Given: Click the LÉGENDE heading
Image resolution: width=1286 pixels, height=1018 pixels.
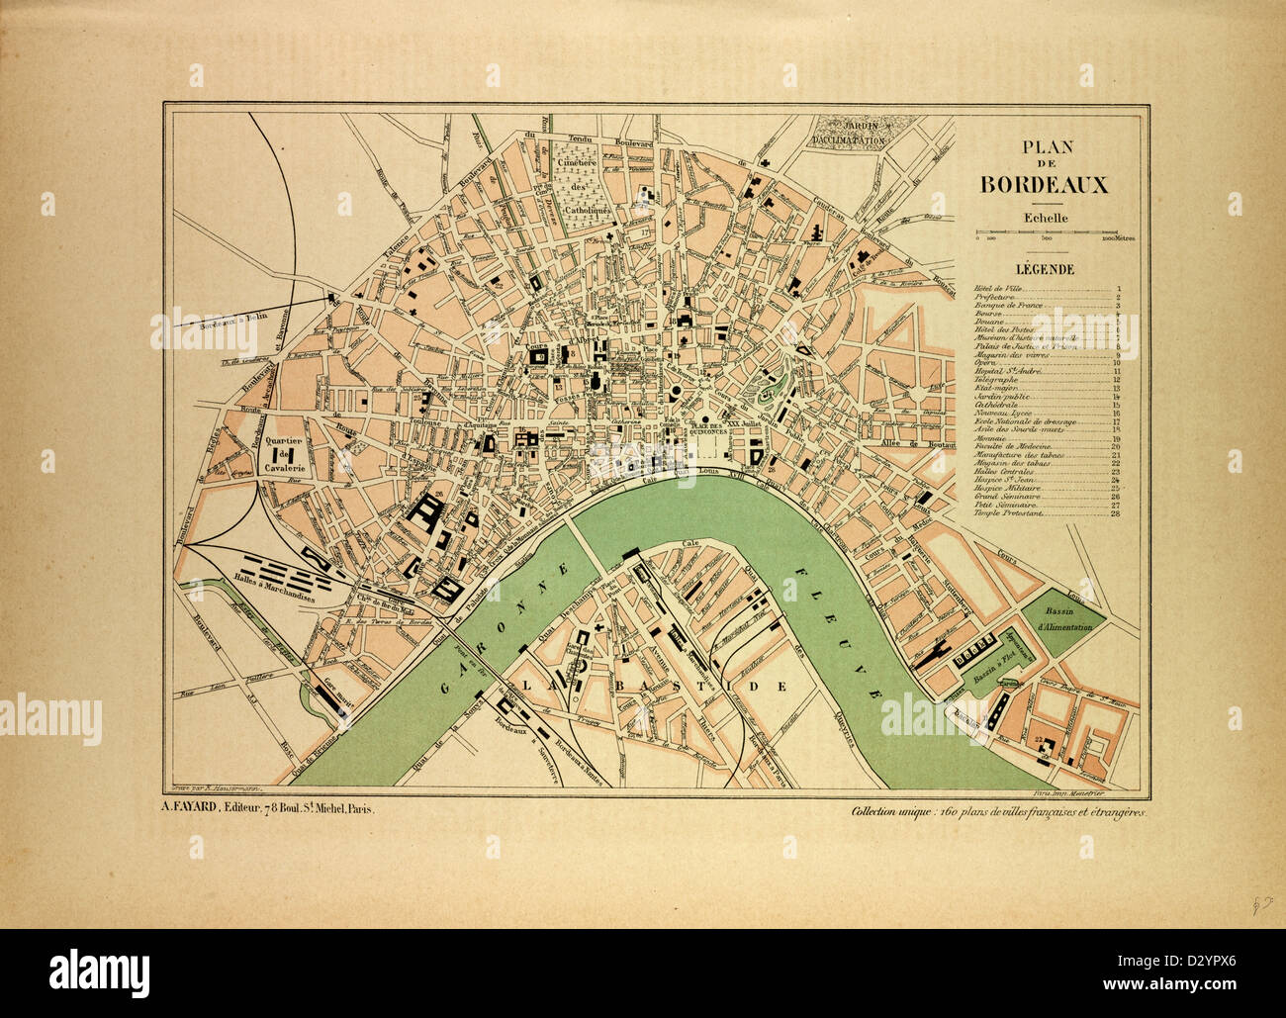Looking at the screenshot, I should (x=1045, y=268).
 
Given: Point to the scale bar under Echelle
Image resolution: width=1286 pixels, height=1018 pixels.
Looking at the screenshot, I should (x=1046, y=234).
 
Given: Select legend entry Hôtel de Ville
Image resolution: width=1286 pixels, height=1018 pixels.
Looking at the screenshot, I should (x=1000, y=289).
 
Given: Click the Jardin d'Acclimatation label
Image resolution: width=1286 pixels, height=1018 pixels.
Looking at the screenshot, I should (x=848, y=134).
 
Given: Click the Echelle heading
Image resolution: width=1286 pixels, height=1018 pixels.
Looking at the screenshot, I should (x=1044, y=219).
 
